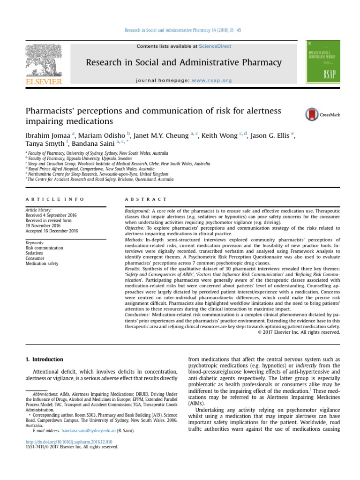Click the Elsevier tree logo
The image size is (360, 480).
[x=43, y=60]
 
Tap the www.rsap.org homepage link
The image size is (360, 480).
[x=211, y=80]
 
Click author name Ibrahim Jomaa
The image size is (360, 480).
[x=46, y=136]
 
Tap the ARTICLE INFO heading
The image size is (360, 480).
[x=55, y=199]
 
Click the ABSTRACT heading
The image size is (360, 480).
[x=146, y=199]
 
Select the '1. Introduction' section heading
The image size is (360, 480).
[x=44, y=360]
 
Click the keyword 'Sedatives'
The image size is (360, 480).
[x=35, y=253]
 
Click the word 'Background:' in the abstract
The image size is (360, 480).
[x=137, y=212]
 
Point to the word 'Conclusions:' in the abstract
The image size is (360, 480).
[x=138, y=315]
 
